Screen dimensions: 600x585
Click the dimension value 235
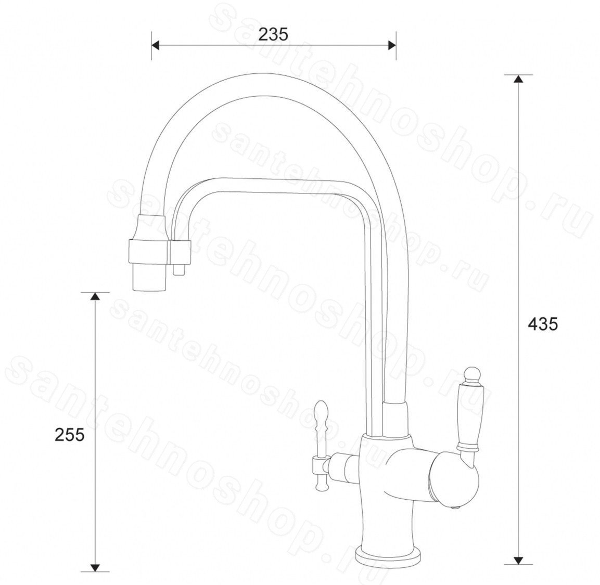273,35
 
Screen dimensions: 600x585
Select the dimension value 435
543,324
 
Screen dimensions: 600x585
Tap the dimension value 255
70,435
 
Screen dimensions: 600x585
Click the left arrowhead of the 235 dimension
156,46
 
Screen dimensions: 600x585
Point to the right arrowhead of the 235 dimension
392,46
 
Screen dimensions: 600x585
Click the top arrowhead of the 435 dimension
518,79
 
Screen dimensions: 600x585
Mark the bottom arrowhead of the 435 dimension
518,560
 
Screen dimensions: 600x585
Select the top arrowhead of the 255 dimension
95,296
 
